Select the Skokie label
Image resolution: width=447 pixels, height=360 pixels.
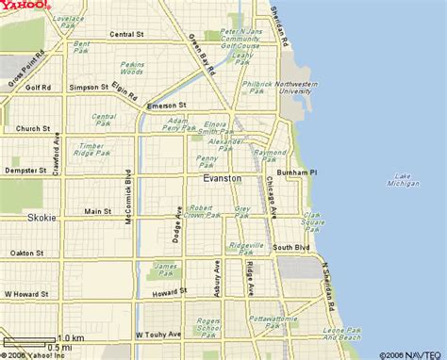(41, 217)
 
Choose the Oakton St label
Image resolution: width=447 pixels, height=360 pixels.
(26, 253)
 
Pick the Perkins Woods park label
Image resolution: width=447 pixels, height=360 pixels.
(131, 68)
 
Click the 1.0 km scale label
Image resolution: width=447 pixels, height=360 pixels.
(71, 336)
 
